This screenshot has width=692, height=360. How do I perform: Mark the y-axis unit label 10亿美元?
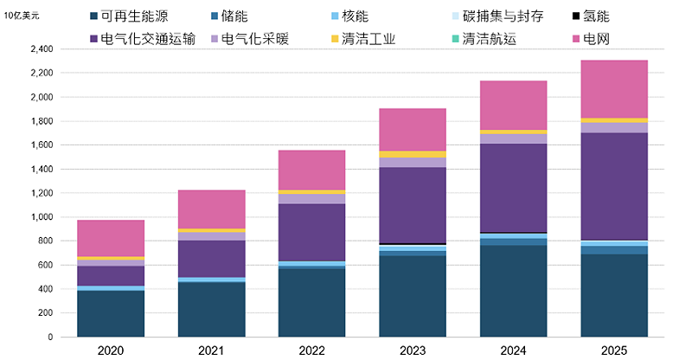[x=22, y=16]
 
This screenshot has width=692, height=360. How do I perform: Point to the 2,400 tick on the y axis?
[x=42, y=49]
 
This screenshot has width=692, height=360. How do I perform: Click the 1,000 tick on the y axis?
[x=42, y=217]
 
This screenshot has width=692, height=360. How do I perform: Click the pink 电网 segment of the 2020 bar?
[x=111, y=238]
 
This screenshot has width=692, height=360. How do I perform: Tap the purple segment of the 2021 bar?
[x=212, y=259]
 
